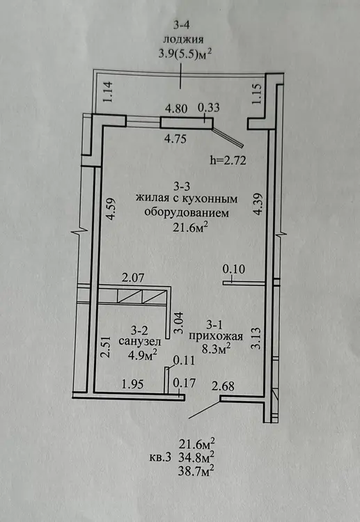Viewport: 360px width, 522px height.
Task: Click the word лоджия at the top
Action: click(183, 40)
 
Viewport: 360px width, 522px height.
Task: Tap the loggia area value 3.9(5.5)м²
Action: click(185, 54)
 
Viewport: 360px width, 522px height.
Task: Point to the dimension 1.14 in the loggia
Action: click(110, 92)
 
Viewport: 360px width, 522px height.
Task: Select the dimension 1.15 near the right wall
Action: click(258, 93)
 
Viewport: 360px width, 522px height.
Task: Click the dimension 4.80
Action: click(177, 109)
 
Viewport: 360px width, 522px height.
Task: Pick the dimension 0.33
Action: click(209, 108)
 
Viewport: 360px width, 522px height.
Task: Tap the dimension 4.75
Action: click(175, 139)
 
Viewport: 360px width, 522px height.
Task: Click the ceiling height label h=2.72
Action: click(228, 161)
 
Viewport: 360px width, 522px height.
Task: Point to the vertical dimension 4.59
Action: click(110, 209)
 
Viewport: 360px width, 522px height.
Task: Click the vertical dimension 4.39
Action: click(258, 205)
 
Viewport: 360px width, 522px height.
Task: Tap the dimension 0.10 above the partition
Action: click(234, 269)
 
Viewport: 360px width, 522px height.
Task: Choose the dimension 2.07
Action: click(133, 277)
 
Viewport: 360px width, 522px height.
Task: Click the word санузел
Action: click(140, 342)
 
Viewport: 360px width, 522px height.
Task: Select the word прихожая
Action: click(216, 336)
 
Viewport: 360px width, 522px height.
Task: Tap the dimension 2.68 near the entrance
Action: click(224, 386)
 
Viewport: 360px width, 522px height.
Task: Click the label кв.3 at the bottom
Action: click(160, 457)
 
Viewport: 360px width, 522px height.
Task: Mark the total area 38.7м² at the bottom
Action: click(196, 470)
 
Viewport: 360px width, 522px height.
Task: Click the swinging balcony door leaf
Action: click(229, 138)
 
